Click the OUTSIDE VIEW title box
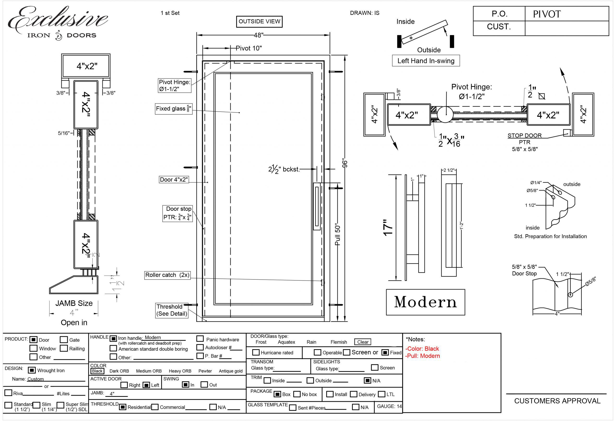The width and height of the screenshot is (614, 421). [x=259, y=21]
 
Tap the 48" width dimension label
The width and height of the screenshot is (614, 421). [x=258, y=35]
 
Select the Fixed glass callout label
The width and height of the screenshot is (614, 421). [x=173, y=109]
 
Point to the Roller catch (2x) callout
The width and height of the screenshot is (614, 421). [x=167, y=275]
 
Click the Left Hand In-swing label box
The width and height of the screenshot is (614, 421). [x=426, y=61]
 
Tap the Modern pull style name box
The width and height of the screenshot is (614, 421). [x=425, y=302]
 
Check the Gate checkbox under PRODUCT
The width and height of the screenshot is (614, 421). [x=64, y=340]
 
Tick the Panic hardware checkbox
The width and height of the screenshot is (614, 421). [x=200, y=339]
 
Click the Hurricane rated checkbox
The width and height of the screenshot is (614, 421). [x=255, y=352]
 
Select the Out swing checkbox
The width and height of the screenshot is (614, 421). [x=204, y=384]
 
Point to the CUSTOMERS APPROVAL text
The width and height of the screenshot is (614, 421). [x=557, y=401]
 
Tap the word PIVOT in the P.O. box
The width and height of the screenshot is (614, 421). [x=546, y=14]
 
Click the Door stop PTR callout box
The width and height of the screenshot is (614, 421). [x=177, y=213]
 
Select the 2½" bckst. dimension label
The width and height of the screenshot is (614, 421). [x=284, y=169]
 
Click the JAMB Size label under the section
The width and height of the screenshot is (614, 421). [x=74, y=303]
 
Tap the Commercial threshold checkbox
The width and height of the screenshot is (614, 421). [x=155, y=407]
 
